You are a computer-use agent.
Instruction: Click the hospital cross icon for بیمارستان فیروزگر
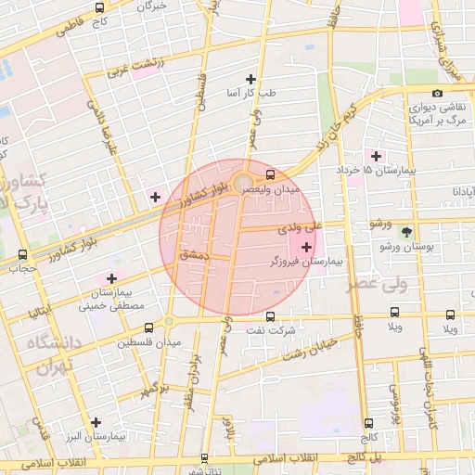click(x=307, y=247)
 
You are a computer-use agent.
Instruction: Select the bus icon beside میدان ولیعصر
click(x=270, y=173)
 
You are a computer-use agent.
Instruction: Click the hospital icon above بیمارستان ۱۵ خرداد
click(x=376, y=155)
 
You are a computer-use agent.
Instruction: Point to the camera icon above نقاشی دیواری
click(x=437, y=92)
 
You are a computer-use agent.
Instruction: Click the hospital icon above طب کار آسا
click(x=250, y=79)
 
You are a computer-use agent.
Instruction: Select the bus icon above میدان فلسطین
click(x=149, y=327)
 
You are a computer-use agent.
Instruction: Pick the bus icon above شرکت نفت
click(x=270, y=315)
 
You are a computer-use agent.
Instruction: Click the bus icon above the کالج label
click(x=369, y=422)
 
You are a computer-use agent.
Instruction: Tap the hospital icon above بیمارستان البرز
click(x=96, y=421)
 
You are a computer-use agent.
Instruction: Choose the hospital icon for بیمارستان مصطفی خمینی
click(x=112, y=277)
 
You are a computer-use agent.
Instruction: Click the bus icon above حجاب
click(x=21, y=254)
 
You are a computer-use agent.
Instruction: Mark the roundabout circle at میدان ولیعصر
click(x=242, y=181)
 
